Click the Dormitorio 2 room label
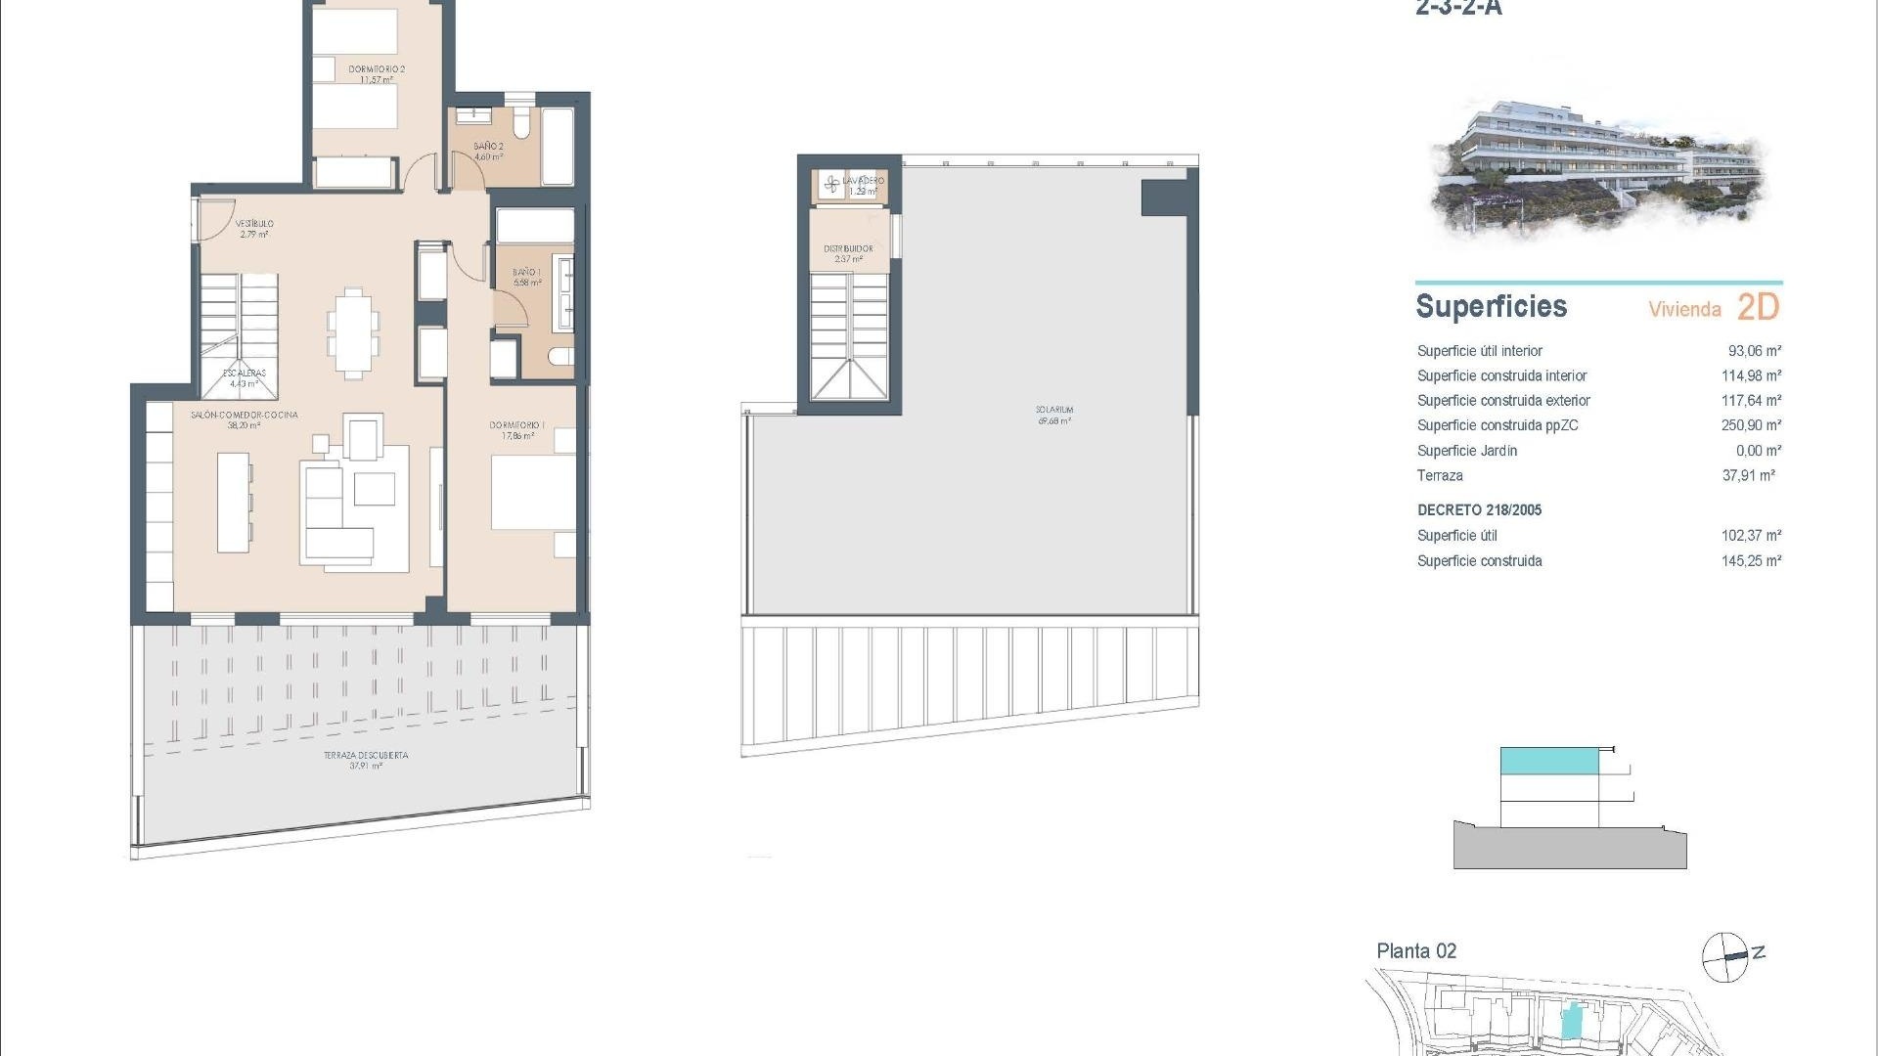click(377, 69)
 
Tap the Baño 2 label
click(488, 147)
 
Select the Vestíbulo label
click(254, 224)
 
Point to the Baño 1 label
click(527, 273)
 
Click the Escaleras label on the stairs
click(244, 374)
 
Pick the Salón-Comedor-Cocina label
click(244, 416)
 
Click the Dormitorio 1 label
click(516, 425)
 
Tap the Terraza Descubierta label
click(366, 756)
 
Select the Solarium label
click(1054, 411)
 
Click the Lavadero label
click(863, 181)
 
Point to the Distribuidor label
click(848, 249)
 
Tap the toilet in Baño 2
click(522, 125)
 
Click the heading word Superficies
click(1491, 307)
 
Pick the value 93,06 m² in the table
click(1754, 351)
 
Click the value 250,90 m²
click(1751, 425)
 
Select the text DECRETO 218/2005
click(1479, 510)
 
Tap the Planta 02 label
click(1416, 950)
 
